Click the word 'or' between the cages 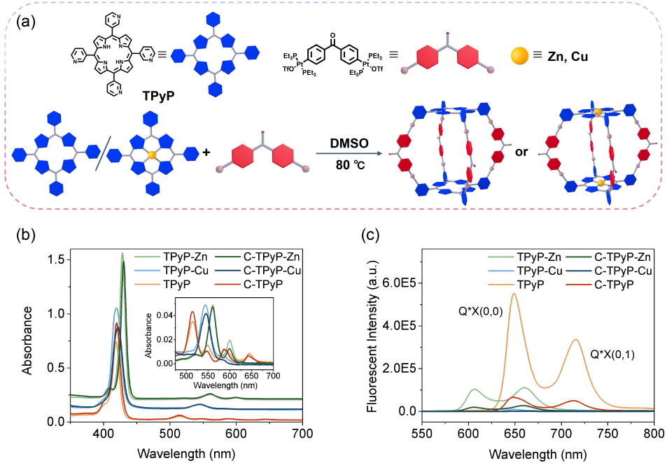coord(521,151)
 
